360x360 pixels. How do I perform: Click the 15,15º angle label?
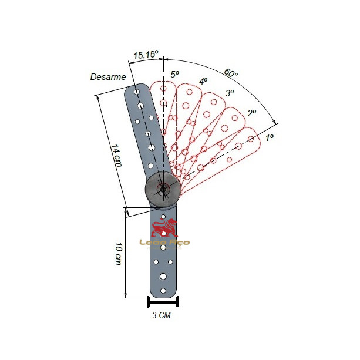point(146,55)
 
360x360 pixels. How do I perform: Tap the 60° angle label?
point(231,73)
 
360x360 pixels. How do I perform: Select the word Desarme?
point(108,77)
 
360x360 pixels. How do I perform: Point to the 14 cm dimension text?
point(116,155)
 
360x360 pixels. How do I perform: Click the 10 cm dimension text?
point(119,254)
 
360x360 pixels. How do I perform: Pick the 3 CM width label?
point(162,315)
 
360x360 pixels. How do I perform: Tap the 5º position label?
point(175,74)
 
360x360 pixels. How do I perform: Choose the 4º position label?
point(203,81)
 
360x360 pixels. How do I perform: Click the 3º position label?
point(230,93)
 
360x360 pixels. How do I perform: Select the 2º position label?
point(252,113)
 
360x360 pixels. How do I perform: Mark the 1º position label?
point(270,137)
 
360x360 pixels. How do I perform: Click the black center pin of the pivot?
point(163,190)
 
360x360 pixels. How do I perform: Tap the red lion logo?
point(164,228)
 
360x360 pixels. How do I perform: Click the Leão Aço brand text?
point(164,243)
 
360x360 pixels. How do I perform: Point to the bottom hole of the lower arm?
point(163,291)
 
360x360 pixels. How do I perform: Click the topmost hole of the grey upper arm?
point(137,92)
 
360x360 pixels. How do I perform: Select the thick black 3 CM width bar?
point(163,304)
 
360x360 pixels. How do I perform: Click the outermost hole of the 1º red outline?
point(251,139)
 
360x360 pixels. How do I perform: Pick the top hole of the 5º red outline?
point(163,88)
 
